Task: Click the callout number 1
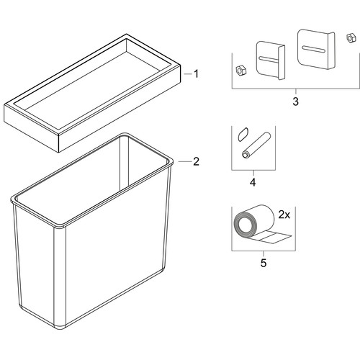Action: point(197,74)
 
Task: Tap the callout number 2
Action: point(196,161)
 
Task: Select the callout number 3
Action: point(295,102)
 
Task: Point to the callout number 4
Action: point(253,182)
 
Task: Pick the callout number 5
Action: point(264,263)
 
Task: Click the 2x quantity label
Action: point(284,215)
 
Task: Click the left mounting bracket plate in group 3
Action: point(271,60)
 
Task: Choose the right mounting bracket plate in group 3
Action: point(316,49)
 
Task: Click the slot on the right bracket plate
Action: point(314,49)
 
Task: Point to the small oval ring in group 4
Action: point(243,135)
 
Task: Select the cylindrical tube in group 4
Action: point(256,145)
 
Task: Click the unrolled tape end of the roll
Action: point(275,238)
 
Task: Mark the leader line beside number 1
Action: point(188,74)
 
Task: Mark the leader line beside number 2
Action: point(185,161)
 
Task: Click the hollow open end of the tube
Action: point(245,155)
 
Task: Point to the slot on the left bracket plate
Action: point(268,59)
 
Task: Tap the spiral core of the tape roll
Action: point(246,225)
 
